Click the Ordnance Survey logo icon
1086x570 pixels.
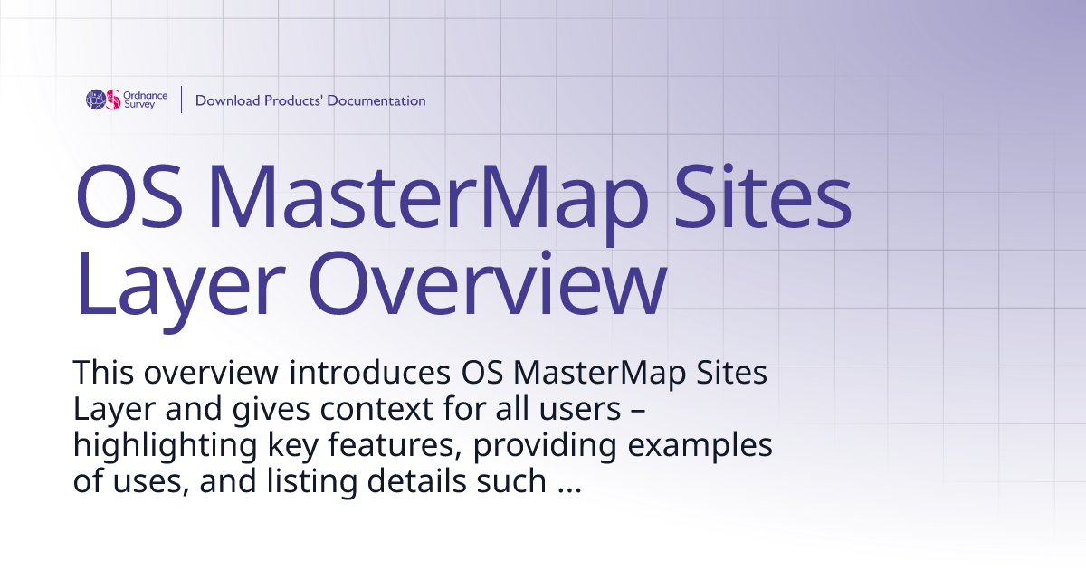tap(103, 100)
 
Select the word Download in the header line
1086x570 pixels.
tap(227, 100)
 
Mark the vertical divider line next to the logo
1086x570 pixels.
tap(182, 100)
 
